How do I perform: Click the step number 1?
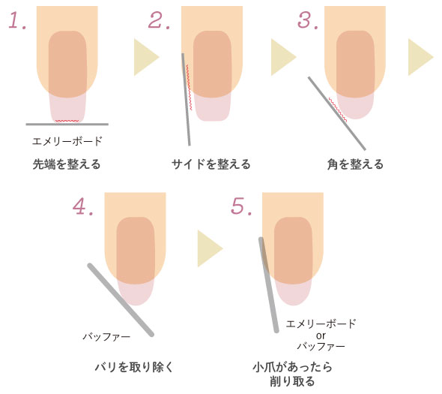click(17, 20)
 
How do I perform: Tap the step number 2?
click(159, 20)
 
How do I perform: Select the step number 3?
click(308, 20)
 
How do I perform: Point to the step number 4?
click(82, 206)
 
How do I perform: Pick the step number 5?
click(241, 206)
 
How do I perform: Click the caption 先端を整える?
click(67, 164)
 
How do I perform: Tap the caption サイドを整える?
click(211, 164)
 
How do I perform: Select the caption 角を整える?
click(355, 164)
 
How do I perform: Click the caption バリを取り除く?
click(134, 367)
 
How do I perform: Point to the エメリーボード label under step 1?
click(67, 141)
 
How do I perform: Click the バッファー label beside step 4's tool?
click(106, 336)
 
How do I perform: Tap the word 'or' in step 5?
click(321, 335)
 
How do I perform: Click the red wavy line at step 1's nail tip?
click(67, 121)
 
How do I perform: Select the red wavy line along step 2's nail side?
click(189, 87)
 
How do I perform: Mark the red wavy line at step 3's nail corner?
click(338, 110)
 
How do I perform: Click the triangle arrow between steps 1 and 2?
click(146, 57)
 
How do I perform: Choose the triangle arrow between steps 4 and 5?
click(210, 248)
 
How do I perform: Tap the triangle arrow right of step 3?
click(420, 57)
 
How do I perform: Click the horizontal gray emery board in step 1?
click(67, 125)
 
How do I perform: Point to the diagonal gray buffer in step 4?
click(121, 300)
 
